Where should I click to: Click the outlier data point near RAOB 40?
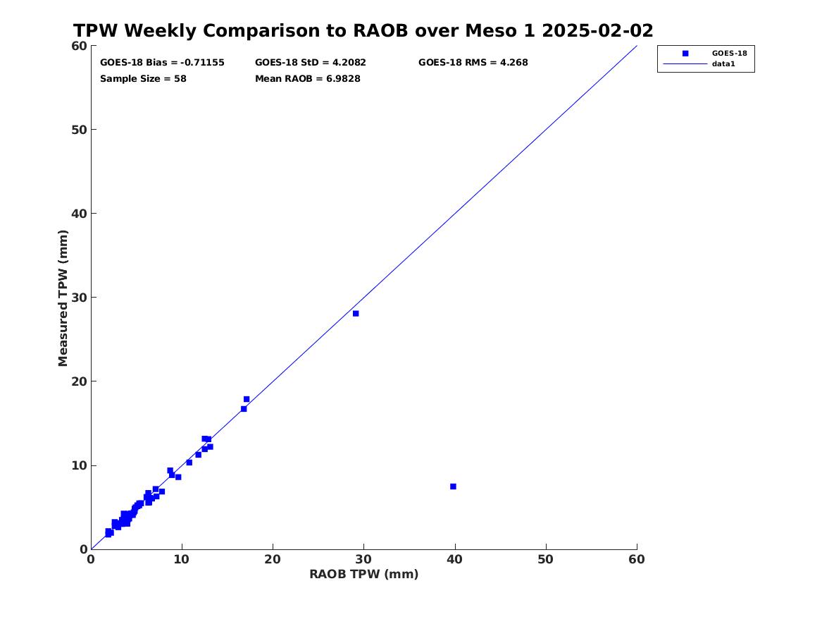[453, 487]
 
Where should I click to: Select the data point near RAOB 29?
[356, 313]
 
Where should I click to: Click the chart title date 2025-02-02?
[597, 30]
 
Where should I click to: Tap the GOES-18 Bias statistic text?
[162, 63]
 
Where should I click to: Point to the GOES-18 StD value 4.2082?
[349, 63]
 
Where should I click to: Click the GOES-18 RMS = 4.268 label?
[473, 63]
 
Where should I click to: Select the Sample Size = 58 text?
[143, 79]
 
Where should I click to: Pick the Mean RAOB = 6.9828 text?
[308, 79]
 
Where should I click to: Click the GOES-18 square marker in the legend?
[685, 53]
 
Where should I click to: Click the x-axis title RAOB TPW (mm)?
[364, 574]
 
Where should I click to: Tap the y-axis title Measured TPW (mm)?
[63, 298]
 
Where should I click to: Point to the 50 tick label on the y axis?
[79, 130]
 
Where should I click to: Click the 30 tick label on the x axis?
[363, 559]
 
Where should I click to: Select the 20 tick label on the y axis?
[79, 381]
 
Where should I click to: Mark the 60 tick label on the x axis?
[637, 559]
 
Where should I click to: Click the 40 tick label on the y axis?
[79, 214]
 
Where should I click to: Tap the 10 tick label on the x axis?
[182, 559]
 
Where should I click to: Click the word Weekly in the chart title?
[160, 31]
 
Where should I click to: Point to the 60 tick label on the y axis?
[79, 46]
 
